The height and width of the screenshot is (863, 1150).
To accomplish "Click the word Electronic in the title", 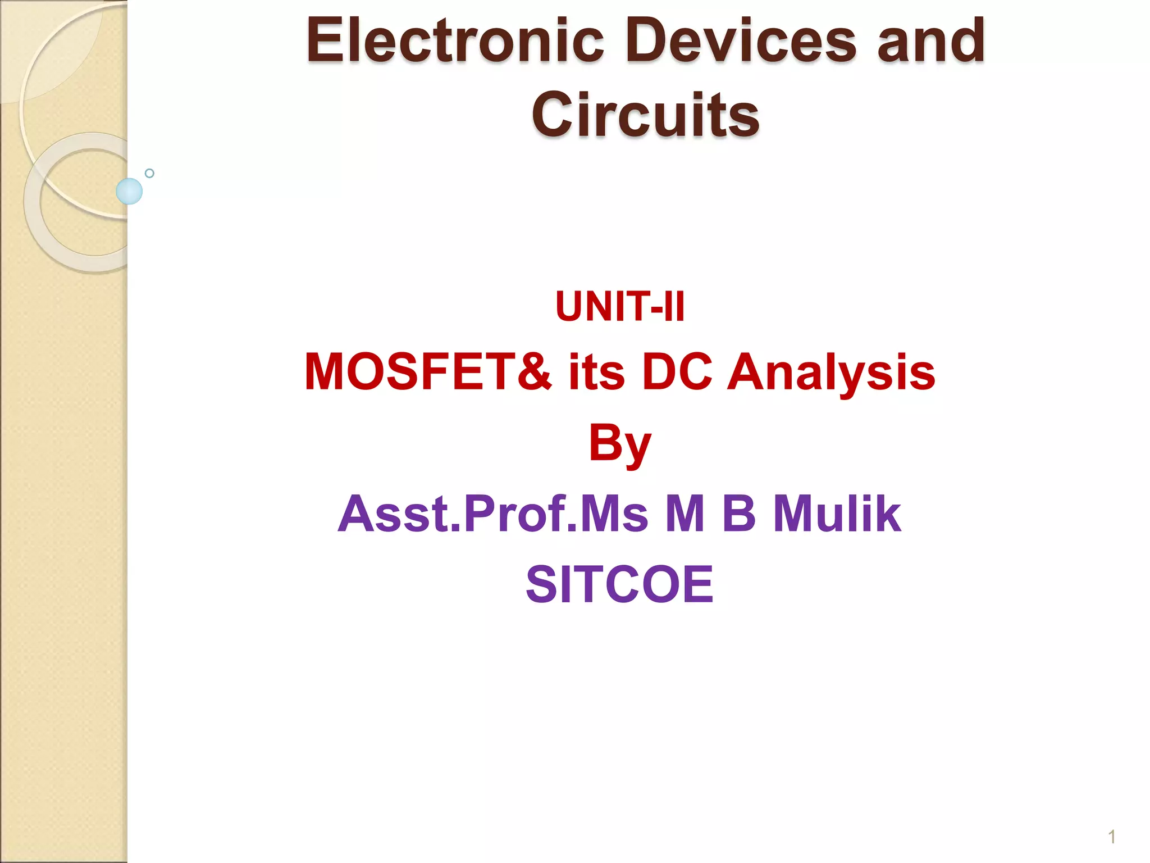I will (455, 40).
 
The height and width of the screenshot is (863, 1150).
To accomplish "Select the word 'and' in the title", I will (930, 40).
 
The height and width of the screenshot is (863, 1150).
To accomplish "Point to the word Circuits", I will (645, 115).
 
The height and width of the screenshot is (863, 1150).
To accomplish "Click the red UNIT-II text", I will (620, 307).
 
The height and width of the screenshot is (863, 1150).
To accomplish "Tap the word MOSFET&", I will (428, 372).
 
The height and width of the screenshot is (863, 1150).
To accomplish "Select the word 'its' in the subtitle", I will (596, 372).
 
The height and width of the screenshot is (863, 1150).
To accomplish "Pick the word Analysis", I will (831, 372).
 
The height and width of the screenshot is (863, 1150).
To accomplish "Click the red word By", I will (620, 444).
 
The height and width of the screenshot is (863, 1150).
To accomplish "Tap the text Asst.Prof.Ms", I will (493, 514).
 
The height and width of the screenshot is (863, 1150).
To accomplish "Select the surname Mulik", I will (837, 514).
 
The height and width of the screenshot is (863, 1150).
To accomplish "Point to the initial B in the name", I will (740, 514).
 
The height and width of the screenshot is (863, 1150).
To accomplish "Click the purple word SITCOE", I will (620, 584).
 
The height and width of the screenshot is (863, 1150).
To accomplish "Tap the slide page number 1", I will (1111, 837).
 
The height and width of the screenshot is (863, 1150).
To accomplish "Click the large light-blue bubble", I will (129, 191).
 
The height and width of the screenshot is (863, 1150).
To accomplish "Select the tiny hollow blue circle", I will (149, 173).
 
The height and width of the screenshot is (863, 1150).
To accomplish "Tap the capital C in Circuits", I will (553, 115).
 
